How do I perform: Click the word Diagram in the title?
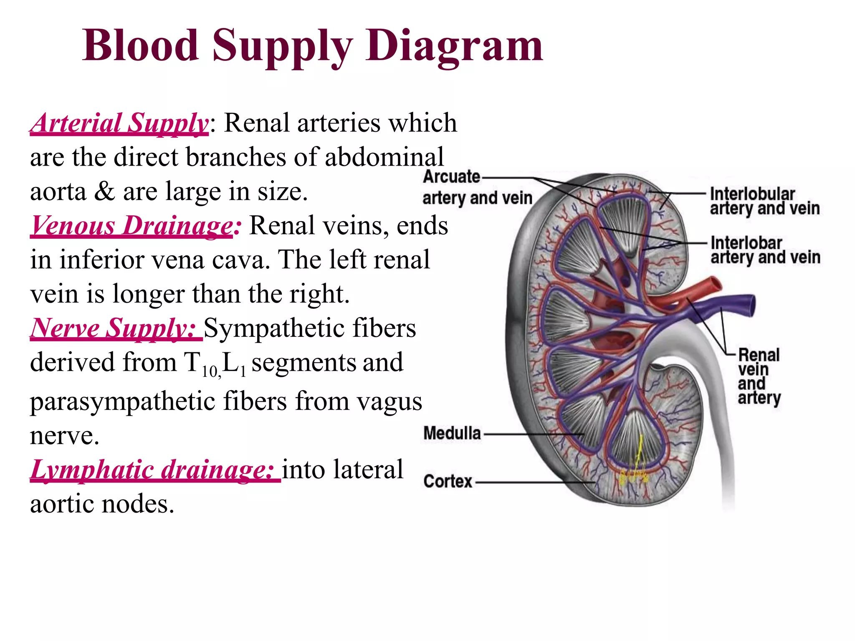click(x=454, y=46)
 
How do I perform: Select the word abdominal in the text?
click(x=384, y=157)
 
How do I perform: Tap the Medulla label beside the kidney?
click(x=452, y=433)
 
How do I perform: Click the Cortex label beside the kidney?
click(x=448, y=482)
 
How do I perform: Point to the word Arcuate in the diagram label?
click(x=452, y=177)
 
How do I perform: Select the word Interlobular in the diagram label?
click(x=752, y=194)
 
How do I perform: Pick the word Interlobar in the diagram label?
click(x=746, y=243)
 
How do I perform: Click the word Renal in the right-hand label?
click(x=759, y=355)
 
